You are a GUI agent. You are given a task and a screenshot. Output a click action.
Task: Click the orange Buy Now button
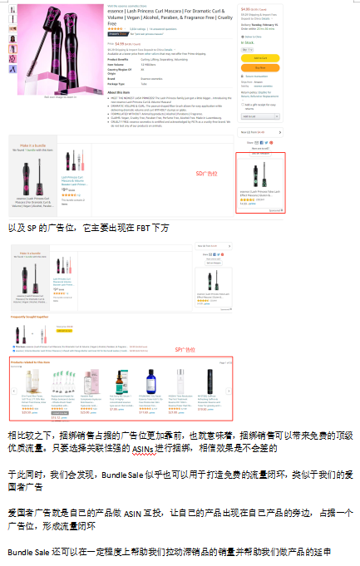coord(260,67)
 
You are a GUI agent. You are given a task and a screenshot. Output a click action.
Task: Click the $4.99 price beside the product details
coord(119,43)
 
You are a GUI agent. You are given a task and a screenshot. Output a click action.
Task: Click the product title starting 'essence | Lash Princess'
coord(158,11)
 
